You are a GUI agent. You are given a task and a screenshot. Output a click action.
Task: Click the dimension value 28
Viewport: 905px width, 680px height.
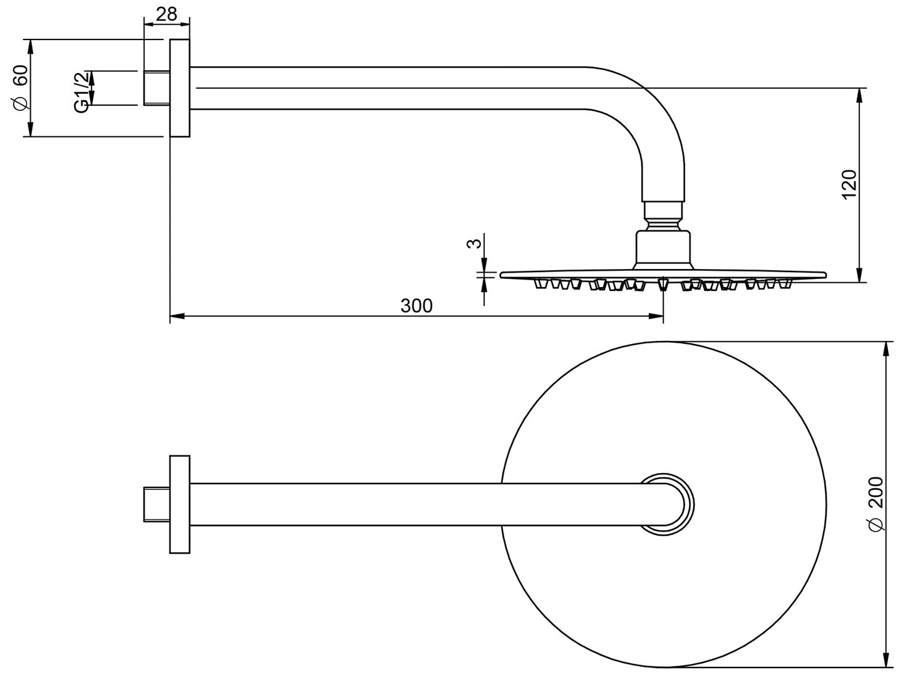[167, 14]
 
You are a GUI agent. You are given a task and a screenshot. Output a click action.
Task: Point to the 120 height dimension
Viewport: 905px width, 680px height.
[849, 185]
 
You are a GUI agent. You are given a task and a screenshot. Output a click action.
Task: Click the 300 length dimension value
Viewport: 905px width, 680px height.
[416, 306]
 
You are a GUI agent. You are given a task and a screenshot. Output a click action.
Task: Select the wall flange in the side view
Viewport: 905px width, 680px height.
[180, 88]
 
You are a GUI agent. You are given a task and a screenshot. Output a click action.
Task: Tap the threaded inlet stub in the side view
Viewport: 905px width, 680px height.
[157, 88]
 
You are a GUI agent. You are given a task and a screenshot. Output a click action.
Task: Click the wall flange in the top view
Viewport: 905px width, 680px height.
[180, 504]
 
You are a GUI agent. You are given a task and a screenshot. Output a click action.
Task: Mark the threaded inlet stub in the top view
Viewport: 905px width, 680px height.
[157, 504]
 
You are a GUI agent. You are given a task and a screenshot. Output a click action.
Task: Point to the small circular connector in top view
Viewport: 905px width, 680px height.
[667, 504]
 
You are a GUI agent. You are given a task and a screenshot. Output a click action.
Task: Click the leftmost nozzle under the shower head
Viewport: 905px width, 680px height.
[539, 285]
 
